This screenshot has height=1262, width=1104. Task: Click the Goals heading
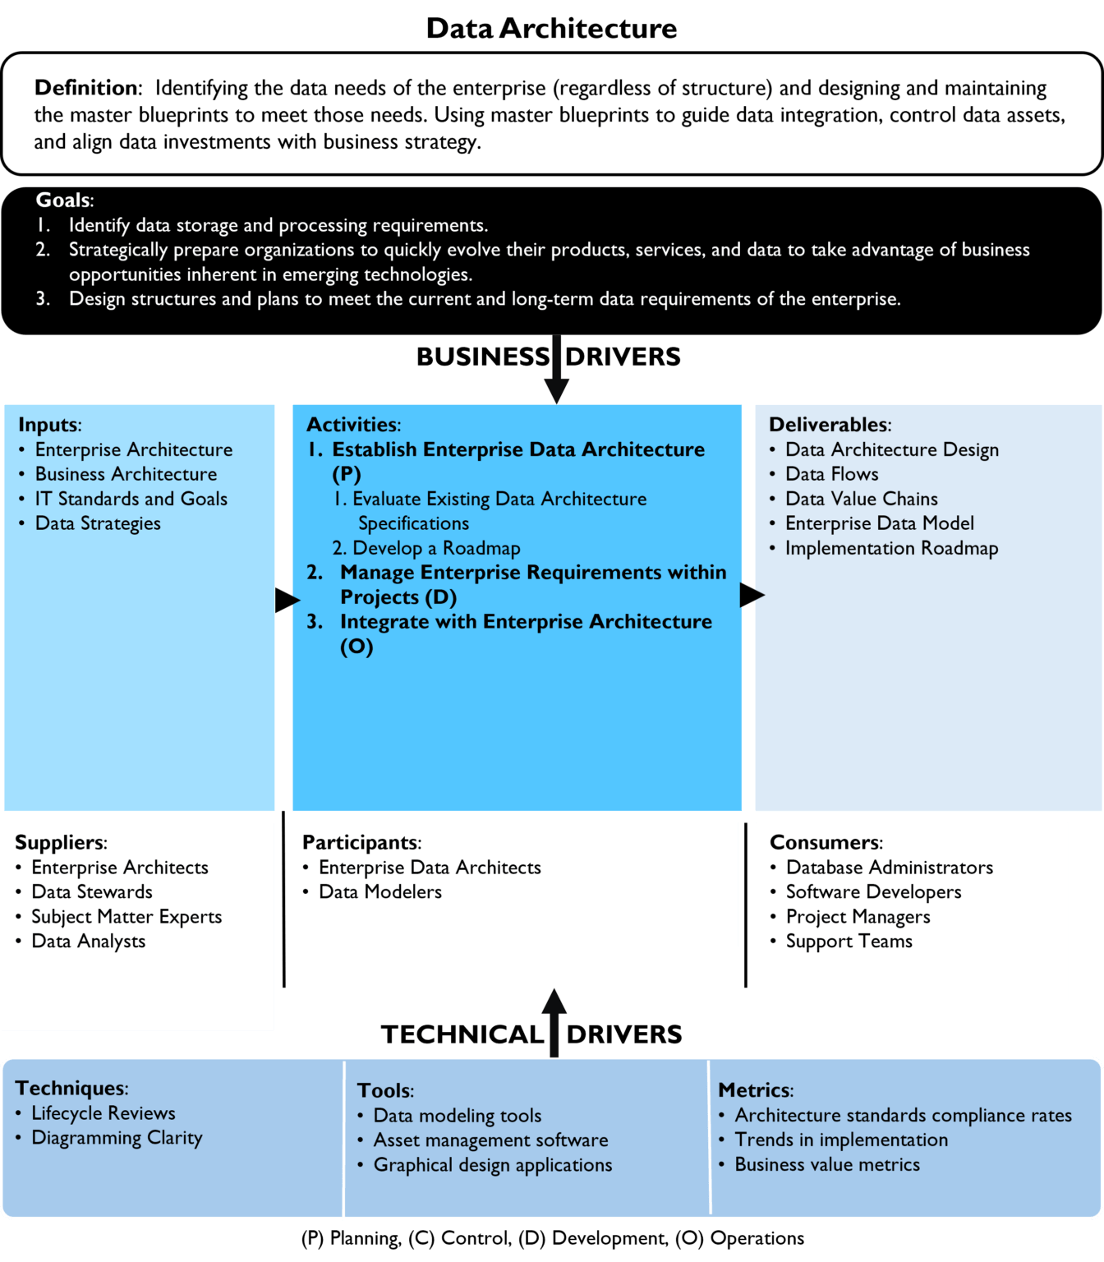click(64, 200)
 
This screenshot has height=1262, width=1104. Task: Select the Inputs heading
click(49, 425)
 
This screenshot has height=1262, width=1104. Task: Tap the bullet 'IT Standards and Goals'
click(131, 499)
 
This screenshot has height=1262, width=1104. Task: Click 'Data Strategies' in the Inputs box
click(98, 523)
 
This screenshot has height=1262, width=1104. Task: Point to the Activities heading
click(353, 425)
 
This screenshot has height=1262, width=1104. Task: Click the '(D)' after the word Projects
click(441, 597)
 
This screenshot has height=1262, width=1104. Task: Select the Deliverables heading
click(830, 425)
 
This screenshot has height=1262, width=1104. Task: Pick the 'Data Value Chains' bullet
click(861, 499)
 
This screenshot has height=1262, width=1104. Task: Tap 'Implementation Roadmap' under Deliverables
click(891, 548)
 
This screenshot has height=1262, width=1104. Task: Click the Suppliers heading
click(61, 842)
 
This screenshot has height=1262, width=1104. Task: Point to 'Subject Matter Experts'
click(126, 917)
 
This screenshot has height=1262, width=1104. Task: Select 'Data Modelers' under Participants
click(380, 892)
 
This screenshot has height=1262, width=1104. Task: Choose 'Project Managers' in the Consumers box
click(858, 917)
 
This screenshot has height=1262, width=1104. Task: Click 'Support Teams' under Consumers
click(849, 942)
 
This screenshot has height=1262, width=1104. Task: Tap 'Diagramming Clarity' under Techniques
click(117, 1138)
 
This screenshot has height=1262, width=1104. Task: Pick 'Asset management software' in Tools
click(490, 1140)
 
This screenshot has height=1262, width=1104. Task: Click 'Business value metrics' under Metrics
click(827, 1164)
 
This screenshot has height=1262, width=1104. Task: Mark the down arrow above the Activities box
click(556, 369)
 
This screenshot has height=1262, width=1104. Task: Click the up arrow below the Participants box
click(554, 1023)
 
